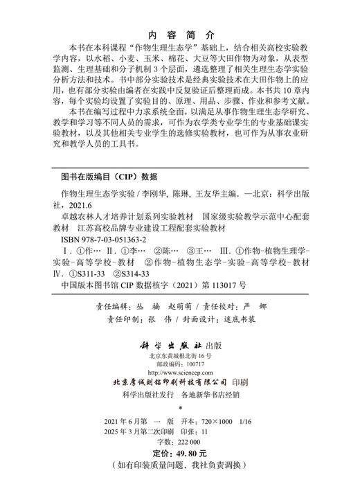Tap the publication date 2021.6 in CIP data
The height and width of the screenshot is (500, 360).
point(80,205)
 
